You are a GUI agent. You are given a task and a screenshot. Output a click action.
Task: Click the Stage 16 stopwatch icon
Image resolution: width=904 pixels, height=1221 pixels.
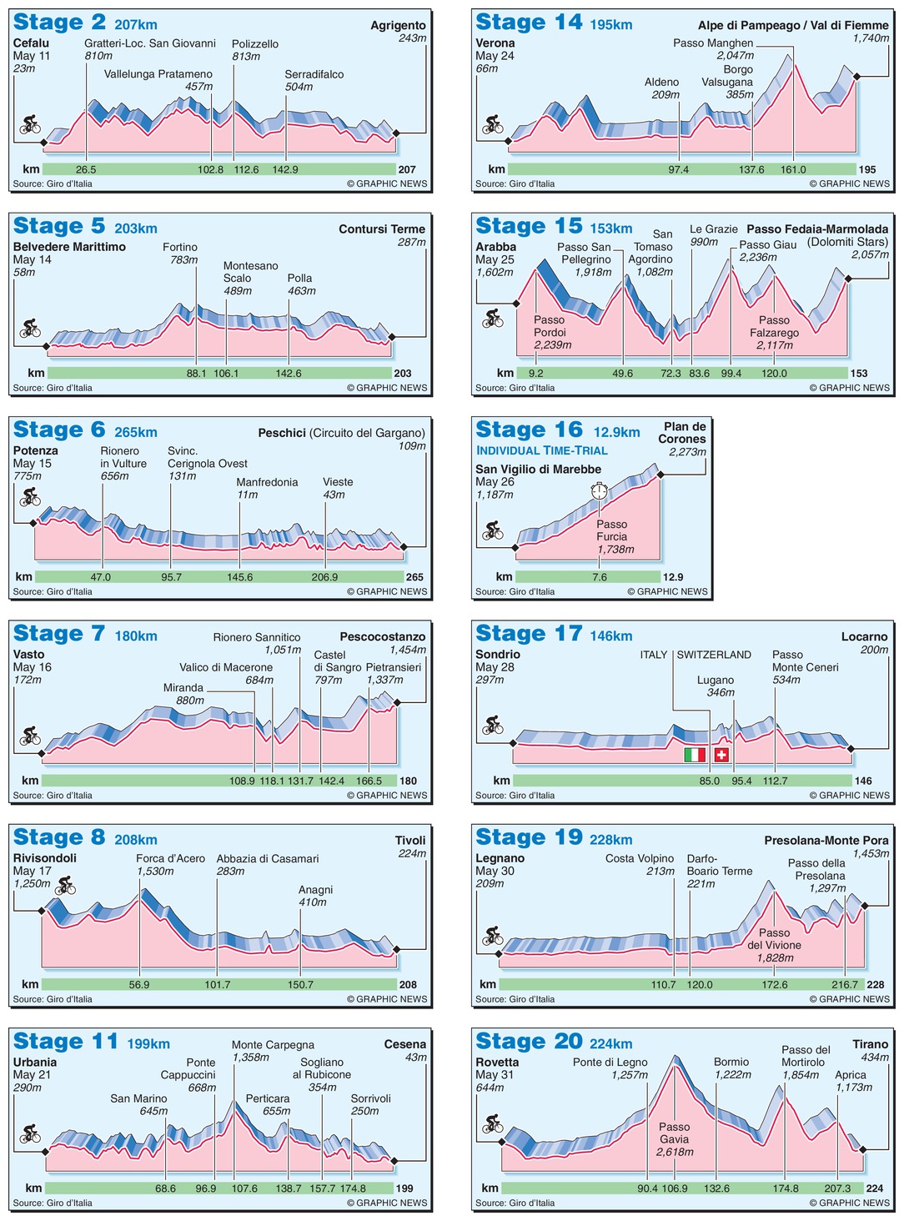(x=599, y=491)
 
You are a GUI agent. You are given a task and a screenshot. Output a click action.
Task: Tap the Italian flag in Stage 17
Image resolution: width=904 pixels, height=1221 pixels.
(x=694, y=755)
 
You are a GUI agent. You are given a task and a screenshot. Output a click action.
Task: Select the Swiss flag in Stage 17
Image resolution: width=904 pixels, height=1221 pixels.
(x=721, y=755)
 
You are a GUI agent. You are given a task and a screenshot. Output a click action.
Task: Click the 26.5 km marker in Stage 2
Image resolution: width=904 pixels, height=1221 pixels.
(x=86, y=169)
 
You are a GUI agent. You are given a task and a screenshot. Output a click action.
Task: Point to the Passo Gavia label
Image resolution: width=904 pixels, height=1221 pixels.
(x=674, y=1138)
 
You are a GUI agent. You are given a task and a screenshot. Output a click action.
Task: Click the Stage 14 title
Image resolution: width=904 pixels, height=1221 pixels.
(x=529, y=23)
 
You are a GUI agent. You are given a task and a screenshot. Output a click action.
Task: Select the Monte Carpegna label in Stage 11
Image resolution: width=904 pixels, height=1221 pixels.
(x=273, y=1044)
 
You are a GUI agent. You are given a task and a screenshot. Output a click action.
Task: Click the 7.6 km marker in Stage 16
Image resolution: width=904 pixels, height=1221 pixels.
(x=600, y=577)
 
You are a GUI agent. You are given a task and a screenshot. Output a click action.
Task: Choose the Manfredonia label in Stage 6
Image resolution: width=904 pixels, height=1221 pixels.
(x=267, y=482)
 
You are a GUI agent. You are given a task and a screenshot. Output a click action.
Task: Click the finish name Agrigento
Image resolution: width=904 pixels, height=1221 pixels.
(x=398, y=25)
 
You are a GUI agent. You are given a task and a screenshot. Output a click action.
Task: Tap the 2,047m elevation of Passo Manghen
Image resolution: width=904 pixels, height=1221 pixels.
(x=735, y=56)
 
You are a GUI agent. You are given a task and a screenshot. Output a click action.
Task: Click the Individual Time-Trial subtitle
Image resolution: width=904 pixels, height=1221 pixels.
(x=542, y=450)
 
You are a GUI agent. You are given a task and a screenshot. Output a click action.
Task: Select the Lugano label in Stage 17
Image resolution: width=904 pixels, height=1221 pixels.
(x=716, y=680)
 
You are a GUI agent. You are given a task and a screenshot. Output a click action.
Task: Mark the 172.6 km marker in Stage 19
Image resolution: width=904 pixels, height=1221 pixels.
(x=775, y=985)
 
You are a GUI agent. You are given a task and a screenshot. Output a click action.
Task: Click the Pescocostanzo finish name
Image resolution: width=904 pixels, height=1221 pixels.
(x=383, y=636)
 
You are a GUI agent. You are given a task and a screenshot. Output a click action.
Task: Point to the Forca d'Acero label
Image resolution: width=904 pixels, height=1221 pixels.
(x=170, y=858)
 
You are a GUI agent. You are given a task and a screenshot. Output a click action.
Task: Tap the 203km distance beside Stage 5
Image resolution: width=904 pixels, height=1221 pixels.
(x=136, y=229)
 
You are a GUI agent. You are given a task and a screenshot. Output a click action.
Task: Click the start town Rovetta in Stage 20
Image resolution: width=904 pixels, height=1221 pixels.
(x=497, y=1062)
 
